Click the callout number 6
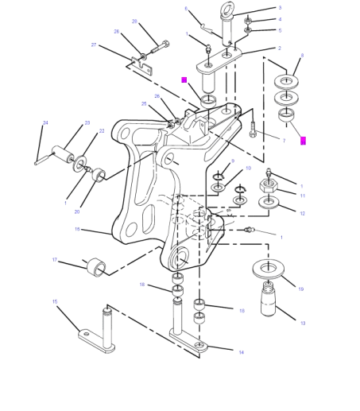tap(208, 9)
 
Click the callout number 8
tap(302, 56)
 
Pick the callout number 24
tap(45, 122)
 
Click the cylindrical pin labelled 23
tap(62, 153)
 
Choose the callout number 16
tap(77, 229)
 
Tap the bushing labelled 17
tap(96, 266)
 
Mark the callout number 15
tap(55, 301)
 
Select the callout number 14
tap(241, 352)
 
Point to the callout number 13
tap(303, 323)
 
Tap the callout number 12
tap(302, 213)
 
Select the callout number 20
tap(77, 211)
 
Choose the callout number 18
tap(142, 284)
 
